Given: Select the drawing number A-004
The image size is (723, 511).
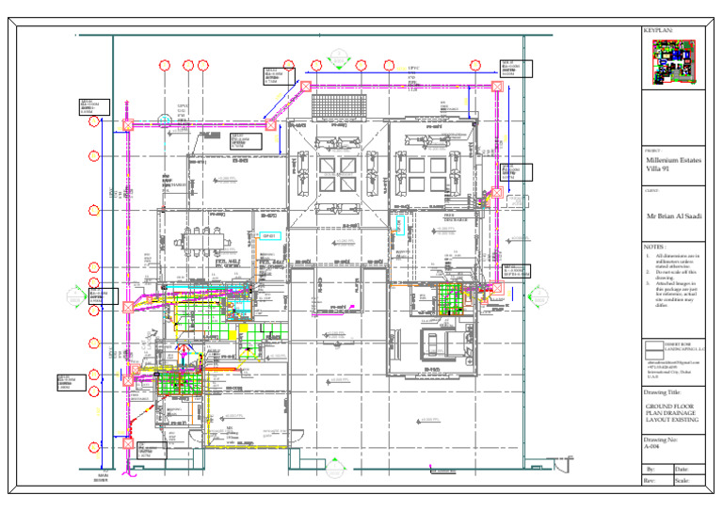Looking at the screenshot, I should (655, 446).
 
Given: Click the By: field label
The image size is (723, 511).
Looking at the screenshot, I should (650, 468).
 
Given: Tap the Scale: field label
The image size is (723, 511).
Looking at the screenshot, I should (683, 480).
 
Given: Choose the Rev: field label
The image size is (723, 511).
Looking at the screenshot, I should (650, 480).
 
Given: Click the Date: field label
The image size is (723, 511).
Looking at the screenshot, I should (683, 468).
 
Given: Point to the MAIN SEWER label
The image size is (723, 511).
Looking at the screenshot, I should (103, 479).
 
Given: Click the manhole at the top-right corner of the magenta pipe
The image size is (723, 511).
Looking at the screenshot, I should (497, 87).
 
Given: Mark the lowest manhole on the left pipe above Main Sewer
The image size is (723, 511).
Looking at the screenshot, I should (128, 442).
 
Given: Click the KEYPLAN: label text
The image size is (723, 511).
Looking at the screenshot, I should (657, 31).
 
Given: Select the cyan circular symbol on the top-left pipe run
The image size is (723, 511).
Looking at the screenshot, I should (164, 120).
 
